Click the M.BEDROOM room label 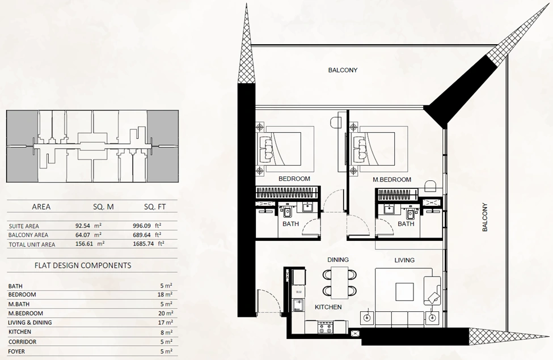[392, 180]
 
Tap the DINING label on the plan [338, 260]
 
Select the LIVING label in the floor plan [404, 260]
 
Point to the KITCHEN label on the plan [328, 307]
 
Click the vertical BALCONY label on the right [485, 217]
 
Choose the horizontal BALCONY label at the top [343, 70]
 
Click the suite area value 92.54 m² [88, 226]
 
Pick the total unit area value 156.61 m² [90, 244]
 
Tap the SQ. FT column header [155, 207]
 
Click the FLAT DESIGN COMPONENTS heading [83, 265]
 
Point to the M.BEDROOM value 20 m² [166, 313]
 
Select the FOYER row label [16, 351]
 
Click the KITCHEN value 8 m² [166, 332]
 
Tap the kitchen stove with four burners [325, 328]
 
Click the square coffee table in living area [404, 291]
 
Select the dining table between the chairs [340, 282]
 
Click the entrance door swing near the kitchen [268, 301]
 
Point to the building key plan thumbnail [92, 146]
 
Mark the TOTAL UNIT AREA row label [32, 244]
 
